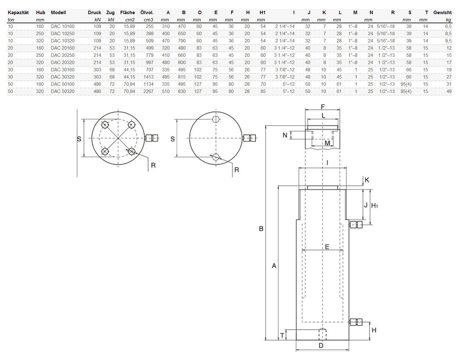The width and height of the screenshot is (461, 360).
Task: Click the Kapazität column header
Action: point(18,13)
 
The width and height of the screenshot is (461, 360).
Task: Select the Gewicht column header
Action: point(442,13)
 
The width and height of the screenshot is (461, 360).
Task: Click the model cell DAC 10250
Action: point(62,34)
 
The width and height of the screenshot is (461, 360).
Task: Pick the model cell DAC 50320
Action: point(62,91)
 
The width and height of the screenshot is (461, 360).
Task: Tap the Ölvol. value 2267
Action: point(148,91)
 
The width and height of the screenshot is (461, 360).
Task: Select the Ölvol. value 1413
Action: point(148,77)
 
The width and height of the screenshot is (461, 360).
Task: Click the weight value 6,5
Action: point(448,26)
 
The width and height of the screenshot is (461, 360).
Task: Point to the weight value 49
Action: point(449,91)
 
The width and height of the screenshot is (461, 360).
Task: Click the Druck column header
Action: point(94,13)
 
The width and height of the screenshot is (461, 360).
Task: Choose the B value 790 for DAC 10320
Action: point(182,41)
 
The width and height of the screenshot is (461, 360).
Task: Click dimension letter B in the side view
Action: point(261,229)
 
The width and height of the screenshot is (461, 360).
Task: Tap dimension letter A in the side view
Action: point(274,266)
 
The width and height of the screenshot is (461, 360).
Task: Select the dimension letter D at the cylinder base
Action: point(321,346)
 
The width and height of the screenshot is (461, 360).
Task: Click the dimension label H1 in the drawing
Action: point(374,206)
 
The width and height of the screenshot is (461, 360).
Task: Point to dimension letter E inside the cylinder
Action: point(327,247)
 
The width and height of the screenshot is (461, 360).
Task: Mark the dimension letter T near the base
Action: point(282,335)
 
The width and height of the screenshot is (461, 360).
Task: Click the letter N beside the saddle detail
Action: point(285,135)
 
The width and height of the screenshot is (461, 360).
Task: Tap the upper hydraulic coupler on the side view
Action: point(356,225)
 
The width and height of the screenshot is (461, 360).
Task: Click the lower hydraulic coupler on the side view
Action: point(356,322)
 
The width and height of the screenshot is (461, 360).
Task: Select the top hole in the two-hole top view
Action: point(216,119)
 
